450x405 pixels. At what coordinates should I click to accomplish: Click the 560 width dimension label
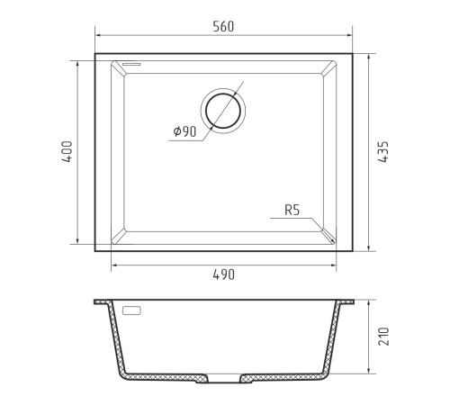(x=223, y=26)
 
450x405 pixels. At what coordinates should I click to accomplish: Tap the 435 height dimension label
(x=383, y=152)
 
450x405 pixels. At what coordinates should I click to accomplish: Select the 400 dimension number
(x=67, y=152)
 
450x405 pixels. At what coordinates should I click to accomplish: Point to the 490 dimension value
(x=223, y=274)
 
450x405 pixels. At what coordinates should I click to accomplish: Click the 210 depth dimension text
(x=383, y=337)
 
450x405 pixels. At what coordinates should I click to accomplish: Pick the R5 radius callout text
(x=292, y=210)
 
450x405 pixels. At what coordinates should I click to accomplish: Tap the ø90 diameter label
(x=184, y=131)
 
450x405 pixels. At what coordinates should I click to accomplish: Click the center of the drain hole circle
(x=223, y=111)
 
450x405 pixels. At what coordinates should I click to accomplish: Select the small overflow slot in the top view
(x=131, y=64)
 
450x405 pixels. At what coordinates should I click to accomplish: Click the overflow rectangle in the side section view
(x=131, y=310)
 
